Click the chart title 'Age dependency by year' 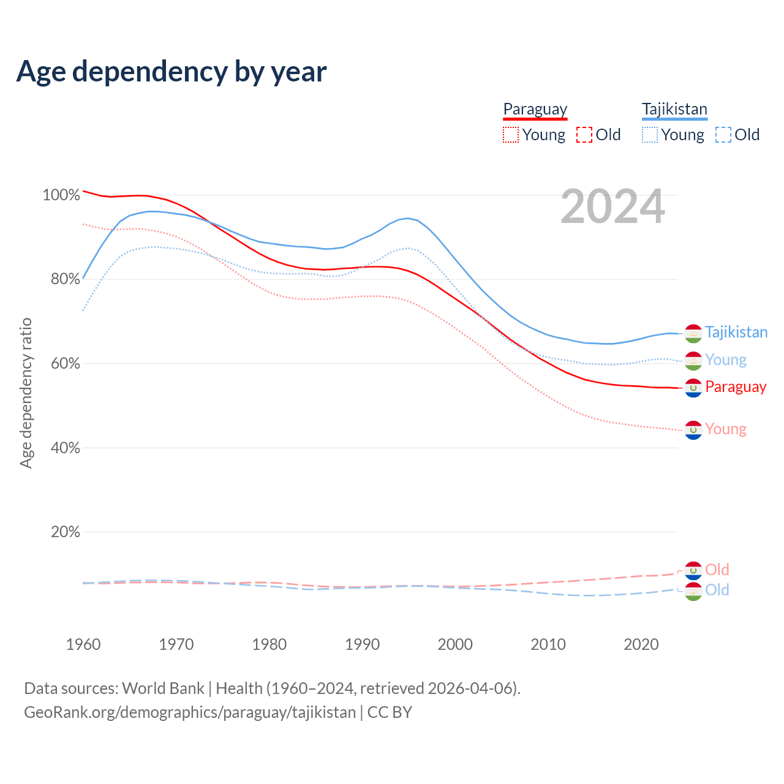(171, 72)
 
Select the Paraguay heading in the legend (535, 109)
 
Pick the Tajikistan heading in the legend (674, 109)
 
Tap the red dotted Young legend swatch (510, 135)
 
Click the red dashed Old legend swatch (584, 135)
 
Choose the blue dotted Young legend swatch (650, 135)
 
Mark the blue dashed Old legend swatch (723, 135)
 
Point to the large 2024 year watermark (612, 206)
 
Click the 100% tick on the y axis (61, 195)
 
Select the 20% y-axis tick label (65, 532)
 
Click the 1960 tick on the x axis (83, 644)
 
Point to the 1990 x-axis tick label (362, 644)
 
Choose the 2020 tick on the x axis (641, 644)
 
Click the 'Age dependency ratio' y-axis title (26, 393)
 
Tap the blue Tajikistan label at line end (736, 332)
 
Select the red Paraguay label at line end (736, 386)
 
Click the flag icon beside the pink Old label (693, 570)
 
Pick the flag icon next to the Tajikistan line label (693, 333)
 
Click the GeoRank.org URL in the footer (190, 712)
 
